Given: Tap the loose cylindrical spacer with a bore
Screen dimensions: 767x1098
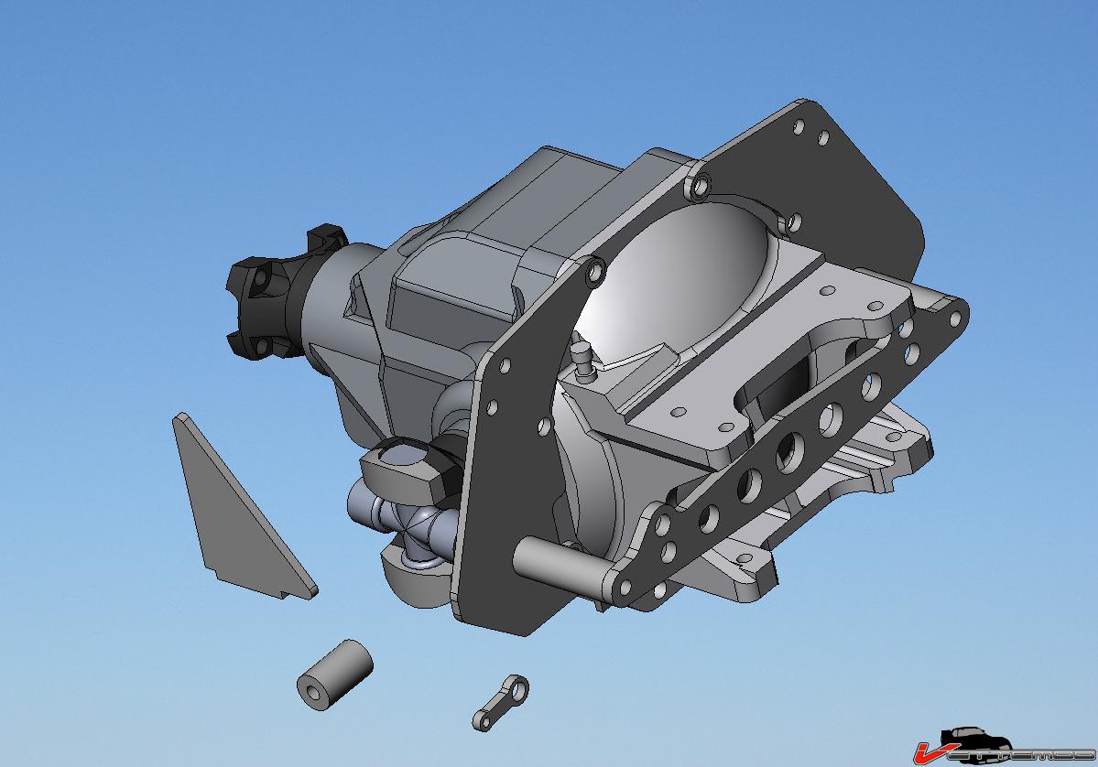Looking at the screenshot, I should pyautogui.click(x=335, y=674).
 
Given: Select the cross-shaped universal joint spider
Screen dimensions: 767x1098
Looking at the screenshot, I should pyautogui.click(x=412, y=526).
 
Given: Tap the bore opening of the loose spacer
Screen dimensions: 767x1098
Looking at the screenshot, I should pyautogui.click(x=313, y=689).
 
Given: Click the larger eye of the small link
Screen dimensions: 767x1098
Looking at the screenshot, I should pyautogui.click(x=519, y=686).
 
